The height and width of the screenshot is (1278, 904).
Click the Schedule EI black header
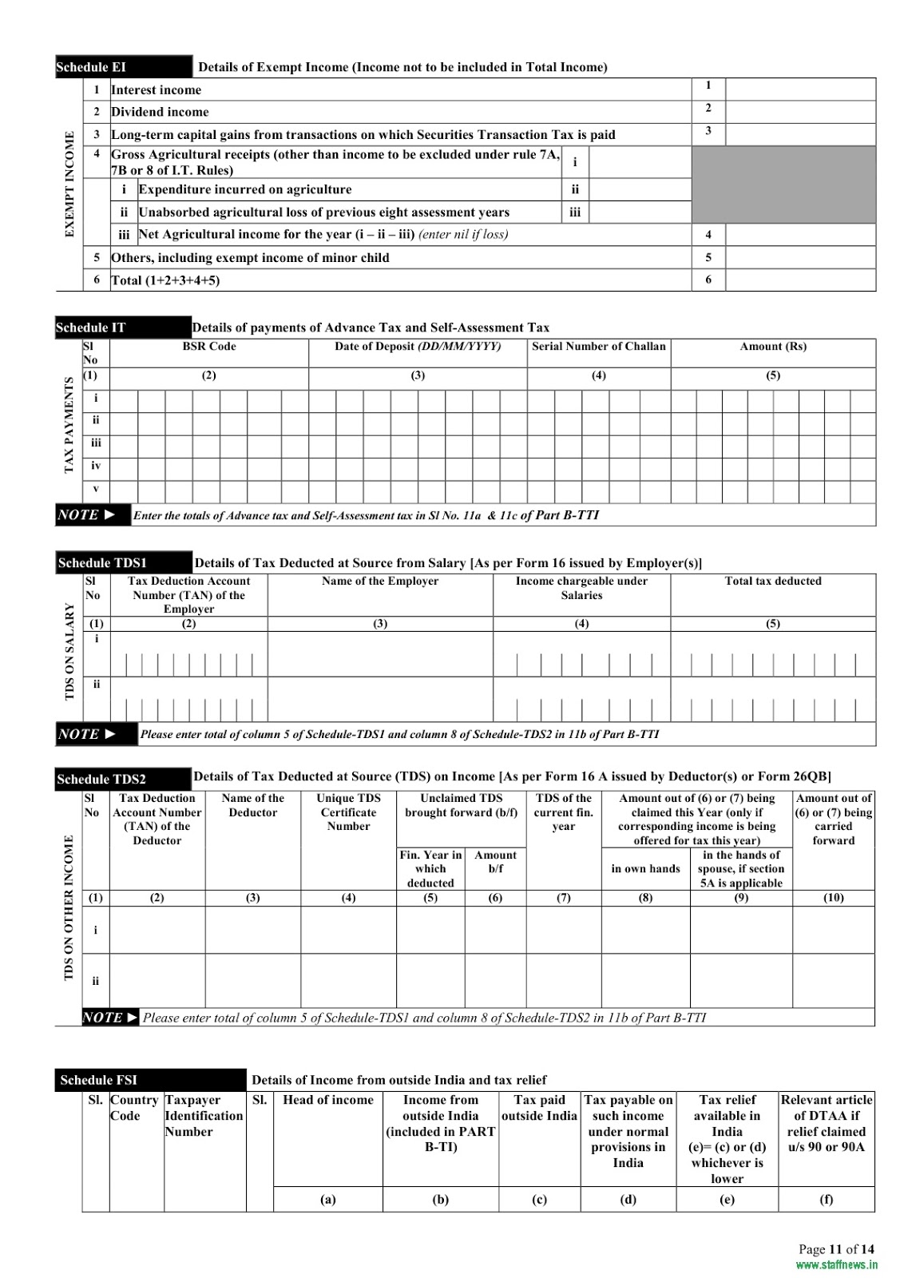tap(123, 67)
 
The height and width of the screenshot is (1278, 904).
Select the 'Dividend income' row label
tap(160, 112)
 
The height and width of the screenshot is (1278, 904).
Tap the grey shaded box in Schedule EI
tap(783, 184)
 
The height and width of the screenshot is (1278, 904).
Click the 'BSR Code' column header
tap(209, 347)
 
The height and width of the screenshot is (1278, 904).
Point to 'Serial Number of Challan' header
tap(598, 347)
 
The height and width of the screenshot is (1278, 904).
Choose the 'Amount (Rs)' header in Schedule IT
tap(773, 347)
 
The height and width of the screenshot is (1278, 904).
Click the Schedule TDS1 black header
tap(123, 563)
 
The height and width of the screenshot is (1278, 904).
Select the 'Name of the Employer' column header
tap(380, 581)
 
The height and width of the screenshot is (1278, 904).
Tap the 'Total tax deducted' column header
tap(773, 581)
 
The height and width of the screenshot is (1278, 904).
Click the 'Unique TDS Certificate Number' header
tap(348, 812)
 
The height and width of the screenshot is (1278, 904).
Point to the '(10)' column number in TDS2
tap(834, 898)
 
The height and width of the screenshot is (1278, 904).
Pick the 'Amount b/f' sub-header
tap(495, 862)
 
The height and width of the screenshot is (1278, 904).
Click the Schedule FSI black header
tap(150, 1080)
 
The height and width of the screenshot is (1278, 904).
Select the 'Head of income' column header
tap(327, 1100)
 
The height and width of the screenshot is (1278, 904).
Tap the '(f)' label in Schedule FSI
tap(827, 1199)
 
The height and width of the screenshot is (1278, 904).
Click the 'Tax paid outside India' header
tap(539, 1108)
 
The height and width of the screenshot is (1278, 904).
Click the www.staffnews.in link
tap(836, 1265)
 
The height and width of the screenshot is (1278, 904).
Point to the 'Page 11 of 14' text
tap(836, 1249)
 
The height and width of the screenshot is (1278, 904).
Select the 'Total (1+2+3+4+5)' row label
tap(165, 280)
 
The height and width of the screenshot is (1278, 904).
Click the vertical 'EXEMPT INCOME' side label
tap(69, 184)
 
